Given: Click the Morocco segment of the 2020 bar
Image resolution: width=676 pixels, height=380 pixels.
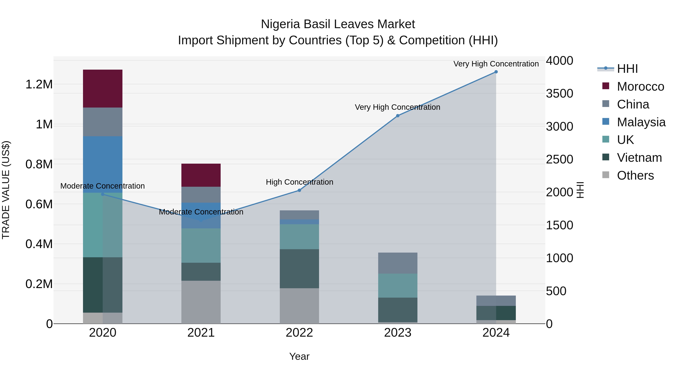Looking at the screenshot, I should click(x=103, y=88).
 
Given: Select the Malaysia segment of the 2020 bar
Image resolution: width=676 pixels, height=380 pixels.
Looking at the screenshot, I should click(x=103, y=164).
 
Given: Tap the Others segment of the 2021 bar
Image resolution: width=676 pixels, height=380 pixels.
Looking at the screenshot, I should click(x=201, y=302).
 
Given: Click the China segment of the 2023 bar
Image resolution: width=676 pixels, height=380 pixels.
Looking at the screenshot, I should click(x=398, y=263).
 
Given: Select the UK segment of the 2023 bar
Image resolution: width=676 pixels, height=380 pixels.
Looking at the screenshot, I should click(x=398, y=286).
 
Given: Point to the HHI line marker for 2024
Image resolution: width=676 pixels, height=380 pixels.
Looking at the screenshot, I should click(x=496, y=72).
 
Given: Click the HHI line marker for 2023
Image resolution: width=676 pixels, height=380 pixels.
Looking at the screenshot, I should click(x=398, y=116).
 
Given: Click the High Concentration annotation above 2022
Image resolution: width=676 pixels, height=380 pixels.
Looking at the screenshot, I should click(x=300, y=182).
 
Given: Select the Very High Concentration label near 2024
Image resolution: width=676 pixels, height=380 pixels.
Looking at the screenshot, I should click(x=496, y=64).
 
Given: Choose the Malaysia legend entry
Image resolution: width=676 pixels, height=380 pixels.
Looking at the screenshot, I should click(x=641, y=122).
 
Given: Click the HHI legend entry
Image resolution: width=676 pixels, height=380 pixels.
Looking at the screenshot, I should click(x=627, y=69).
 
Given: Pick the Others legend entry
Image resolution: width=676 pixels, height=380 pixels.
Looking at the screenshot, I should click(x=635, y=175).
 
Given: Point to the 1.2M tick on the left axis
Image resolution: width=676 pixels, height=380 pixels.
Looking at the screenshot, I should click(x=39, y=84).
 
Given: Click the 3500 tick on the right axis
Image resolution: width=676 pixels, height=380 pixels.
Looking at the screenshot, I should click(x=560, y=94).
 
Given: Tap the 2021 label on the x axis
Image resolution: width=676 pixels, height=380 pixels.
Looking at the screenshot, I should click(x=201, y=333).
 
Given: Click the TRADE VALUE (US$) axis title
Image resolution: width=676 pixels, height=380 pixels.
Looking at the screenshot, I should click(x=6, y=190).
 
